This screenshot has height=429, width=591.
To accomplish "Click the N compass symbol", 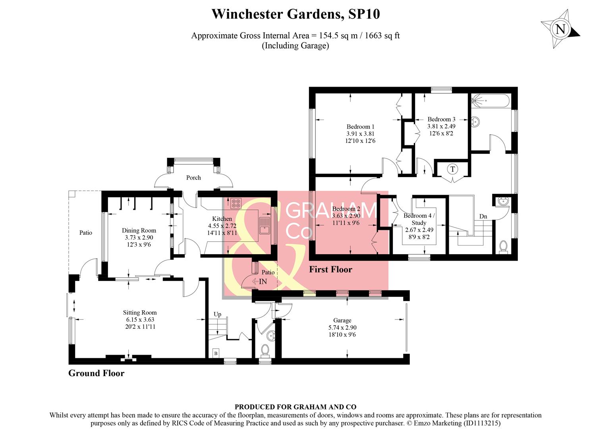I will [560, 29].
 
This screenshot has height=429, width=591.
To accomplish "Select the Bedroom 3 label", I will [441, 119].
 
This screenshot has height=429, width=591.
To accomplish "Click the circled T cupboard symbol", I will [452, 169].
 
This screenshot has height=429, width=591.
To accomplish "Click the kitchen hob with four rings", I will [236, 203].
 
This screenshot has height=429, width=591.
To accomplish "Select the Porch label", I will [193, 178].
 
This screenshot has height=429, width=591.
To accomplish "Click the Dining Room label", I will [139, 230].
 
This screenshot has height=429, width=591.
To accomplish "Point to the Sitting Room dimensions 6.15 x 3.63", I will [140, 319].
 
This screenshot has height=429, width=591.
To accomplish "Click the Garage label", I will [342, 320].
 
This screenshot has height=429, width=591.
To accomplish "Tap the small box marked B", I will [216, 353].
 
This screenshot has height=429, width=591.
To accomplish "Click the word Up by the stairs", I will [217, 314].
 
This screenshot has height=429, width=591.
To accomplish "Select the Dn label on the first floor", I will [483, 216].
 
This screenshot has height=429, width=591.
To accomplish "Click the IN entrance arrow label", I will [262, 282].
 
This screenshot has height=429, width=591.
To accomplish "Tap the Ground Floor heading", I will [96, 373].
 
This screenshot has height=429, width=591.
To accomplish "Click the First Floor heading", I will [330, 269].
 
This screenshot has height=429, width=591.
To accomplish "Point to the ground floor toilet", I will [265, 350].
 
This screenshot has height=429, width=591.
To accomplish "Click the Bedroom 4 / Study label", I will [419, 219].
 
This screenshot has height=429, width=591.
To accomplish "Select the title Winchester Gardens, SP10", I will [295, 14].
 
